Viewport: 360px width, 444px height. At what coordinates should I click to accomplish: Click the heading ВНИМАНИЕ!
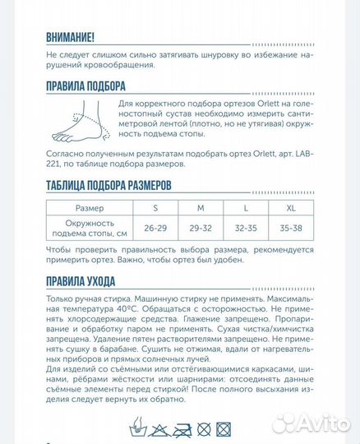pos(71,37)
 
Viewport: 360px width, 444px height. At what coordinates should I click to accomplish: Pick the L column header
pos(245,208)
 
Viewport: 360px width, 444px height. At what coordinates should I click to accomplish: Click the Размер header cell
pos(90,208)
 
